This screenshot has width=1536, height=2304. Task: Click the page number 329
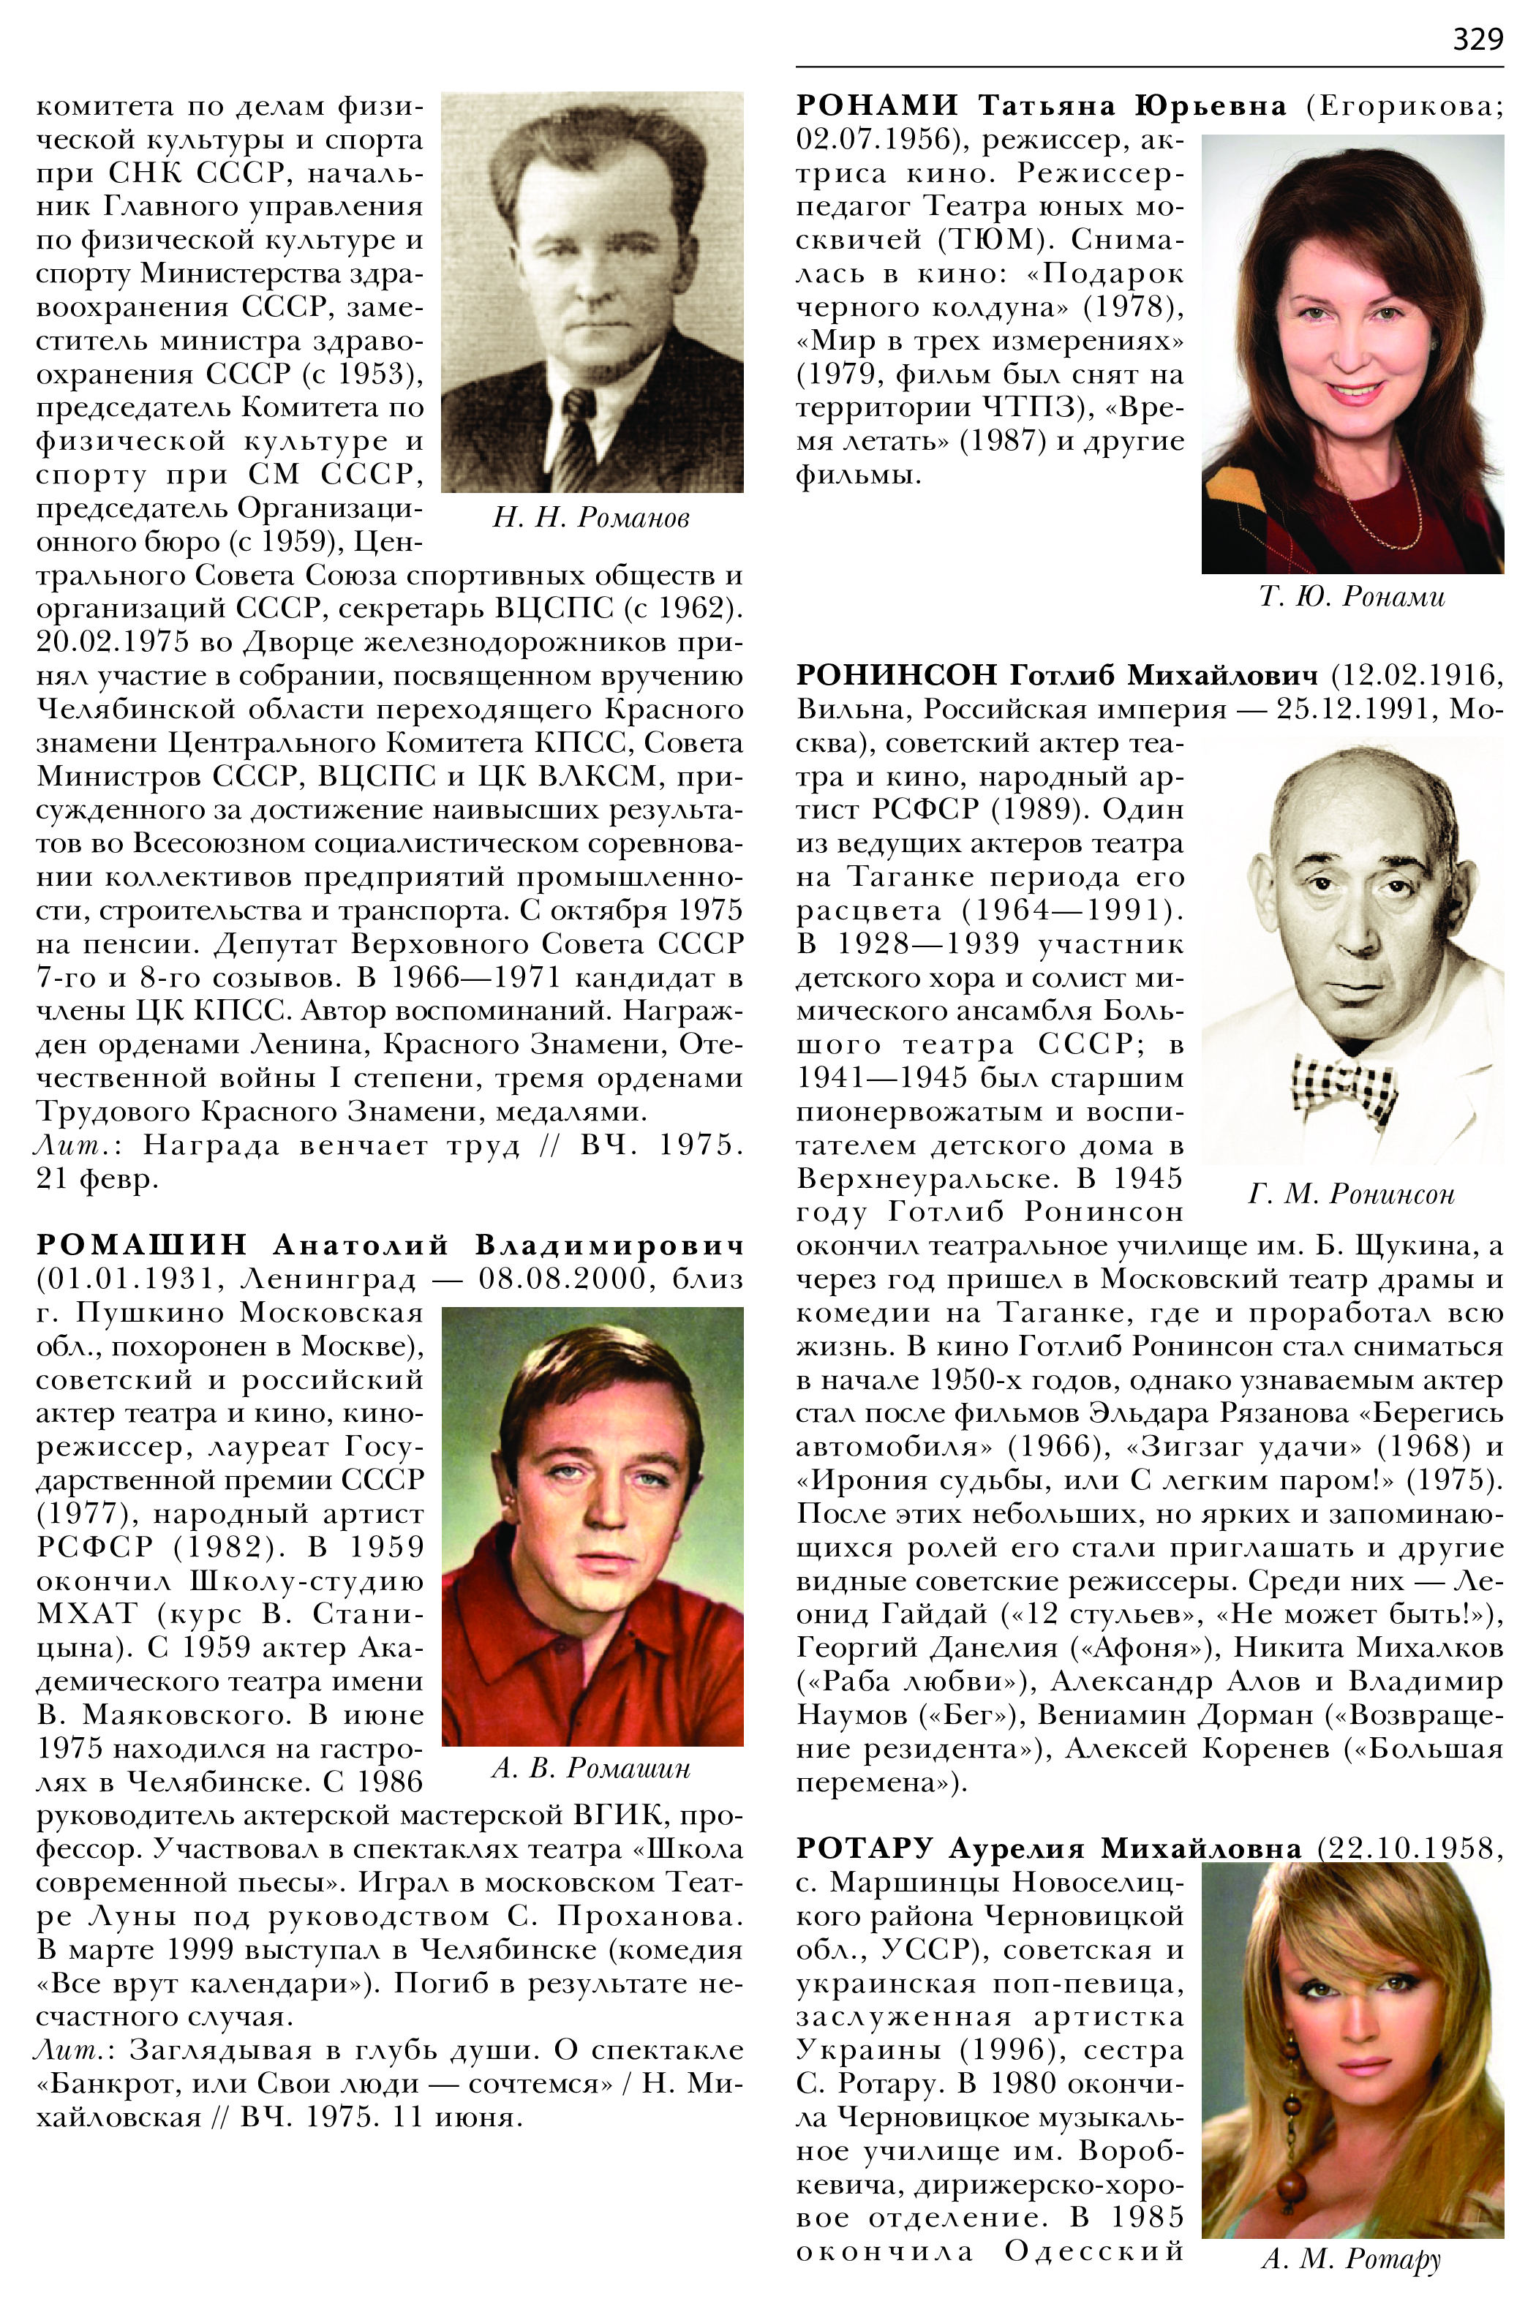[x=1477, y=39]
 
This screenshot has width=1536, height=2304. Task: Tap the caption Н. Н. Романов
[x=591, y=517]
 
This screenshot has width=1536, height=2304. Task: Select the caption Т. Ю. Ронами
[x=1352, y=597]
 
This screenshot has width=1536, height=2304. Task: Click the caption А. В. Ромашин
[x=591, y=1767]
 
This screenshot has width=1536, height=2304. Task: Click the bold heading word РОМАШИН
[x=142, y=1244]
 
